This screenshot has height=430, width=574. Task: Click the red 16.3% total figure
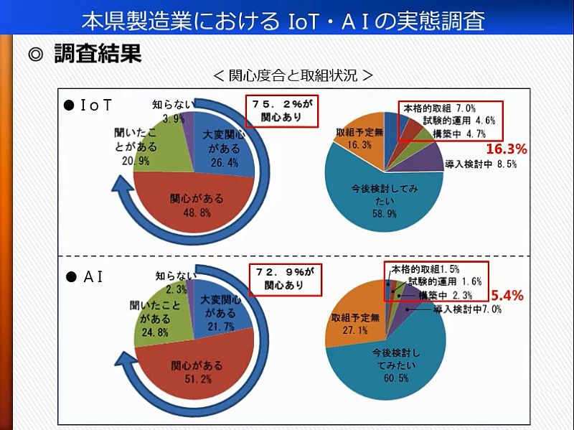507,149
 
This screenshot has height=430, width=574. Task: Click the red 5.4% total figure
507,294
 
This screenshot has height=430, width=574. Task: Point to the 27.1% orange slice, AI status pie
352,319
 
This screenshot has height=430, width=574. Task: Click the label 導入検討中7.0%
468,309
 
